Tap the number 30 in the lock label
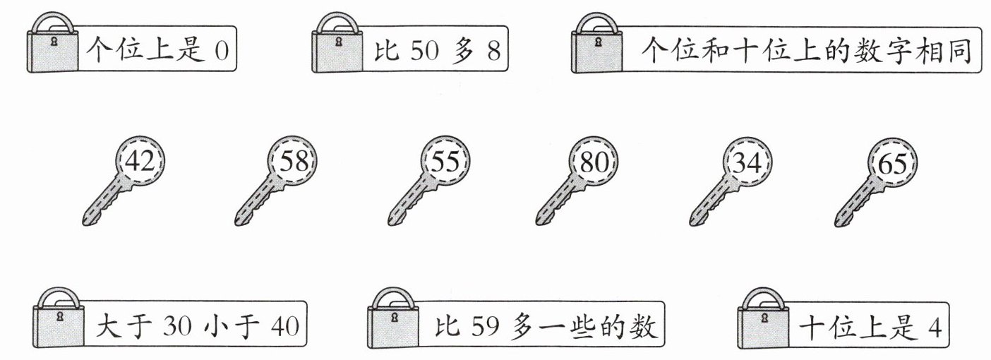177,327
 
